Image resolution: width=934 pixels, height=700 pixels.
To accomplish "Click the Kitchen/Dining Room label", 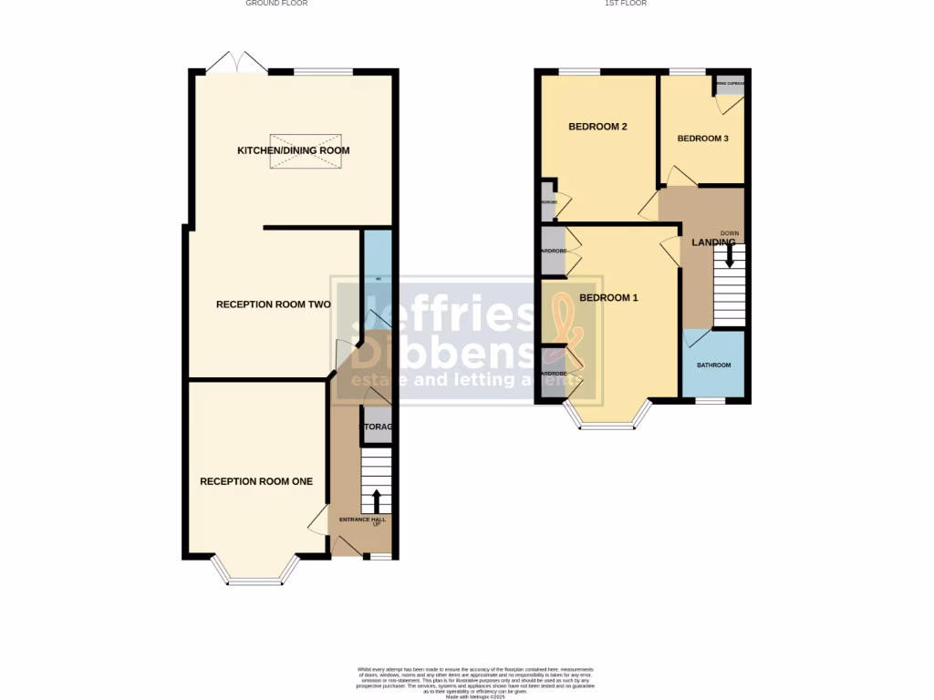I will tap(293, 150).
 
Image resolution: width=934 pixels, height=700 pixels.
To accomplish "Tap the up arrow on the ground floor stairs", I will tap(376, 499).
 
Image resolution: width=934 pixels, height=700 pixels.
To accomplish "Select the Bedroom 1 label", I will tap(608, 298).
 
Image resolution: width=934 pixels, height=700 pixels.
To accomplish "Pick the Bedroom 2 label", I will tap(597, 127).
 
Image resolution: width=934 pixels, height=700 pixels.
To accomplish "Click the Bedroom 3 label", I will tap(702, 139).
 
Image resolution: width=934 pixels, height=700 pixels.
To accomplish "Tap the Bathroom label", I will tap(714, 365).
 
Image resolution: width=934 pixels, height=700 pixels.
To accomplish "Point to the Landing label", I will tap(713, 242).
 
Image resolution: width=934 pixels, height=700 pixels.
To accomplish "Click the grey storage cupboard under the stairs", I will tap(377, 427).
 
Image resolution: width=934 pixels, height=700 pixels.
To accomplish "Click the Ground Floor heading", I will tap(276, 4).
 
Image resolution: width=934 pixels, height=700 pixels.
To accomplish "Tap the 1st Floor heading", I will tap(626, 4).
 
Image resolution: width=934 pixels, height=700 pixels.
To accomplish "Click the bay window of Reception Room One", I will tap(255, 574).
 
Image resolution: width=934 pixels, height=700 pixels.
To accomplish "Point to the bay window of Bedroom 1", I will tap(608, 420).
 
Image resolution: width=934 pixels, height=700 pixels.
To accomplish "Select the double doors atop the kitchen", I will tap(235, 64).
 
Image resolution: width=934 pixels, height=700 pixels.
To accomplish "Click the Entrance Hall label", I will tap(362, 520).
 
